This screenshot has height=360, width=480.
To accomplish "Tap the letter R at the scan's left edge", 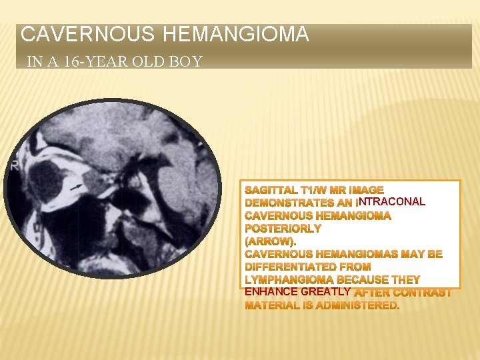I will (x=14, y=166).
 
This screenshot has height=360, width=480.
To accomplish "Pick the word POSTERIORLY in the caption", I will (x=283, y=228).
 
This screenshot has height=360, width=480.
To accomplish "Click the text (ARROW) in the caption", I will (x=270, y=241).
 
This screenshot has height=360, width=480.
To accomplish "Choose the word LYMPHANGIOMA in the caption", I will (x=289, y=279).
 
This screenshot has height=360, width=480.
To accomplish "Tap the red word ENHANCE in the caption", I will (x=271, y=292).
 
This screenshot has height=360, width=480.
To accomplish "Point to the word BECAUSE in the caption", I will (x=378, y=279).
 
